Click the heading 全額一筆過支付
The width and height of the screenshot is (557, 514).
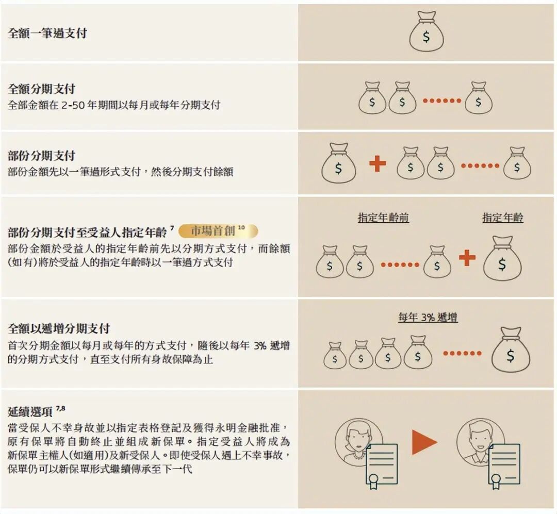coord(47,34)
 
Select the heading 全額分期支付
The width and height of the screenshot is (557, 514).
coord(42,89)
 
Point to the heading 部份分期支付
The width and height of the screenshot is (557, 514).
coord(42,156)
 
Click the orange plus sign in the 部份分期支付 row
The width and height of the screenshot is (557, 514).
coord(378,164)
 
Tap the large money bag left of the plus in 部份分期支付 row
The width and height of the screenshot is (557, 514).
coord(338,163)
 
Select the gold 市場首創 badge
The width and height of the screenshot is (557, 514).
coord(218,231)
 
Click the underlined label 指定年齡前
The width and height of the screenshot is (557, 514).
coord(383,218)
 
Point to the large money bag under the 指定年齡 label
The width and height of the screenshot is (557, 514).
coord(502,258)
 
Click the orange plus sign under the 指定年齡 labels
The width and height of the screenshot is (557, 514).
coord(467,258)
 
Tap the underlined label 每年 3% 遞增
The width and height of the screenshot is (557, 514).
coord(428,317)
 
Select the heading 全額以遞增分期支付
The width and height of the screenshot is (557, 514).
coord(59,328)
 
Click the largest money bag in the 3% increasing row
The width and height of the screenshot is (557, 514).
coord(511,350)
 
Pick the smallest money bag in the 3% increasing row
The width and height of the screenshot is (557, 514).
coord(335,355)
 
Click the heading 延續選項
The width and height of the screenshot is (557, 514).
coord(30,412)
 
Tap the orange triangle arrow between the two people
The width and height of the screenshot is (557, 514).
coord(424,442)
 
